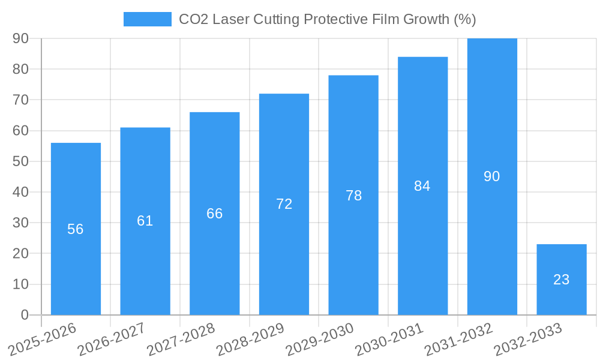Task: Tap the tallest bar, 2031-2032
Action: pos(492,120)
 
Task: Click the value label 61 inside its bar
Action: pos(145,221)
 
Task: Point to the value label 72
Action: pos(284,204)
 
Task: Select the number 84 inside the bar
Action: pos(422,186)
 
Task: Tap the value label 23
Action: pos(561,280)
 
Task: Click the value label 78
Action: pos(353,196)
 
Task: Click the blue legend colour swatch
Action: pos(147,19)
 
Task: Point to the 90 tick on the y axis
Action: pos(21,38)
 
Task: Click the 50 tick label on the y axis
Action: pos(21,161)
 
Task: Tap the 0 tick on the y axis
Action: pos(25,315)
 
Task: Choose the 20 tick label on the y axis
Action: pos(21,253)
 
